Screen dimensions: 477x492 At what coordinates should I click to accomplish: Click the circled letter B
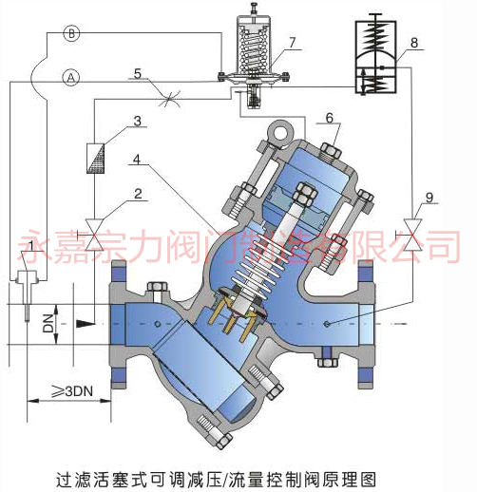71,33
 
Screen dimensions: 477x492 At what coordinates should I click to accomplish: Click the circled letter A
71,78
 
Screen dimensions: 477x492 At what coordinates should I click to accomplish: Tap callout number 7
292,43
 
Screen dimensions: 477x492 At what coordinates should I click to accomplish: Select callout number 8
414,43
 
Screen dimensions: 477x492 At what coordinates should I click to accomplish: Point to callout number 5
137,73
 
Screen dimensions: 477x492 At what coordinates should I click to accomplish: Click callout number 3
137,121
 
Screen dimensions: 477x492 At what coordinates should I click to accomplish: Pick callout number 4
137,160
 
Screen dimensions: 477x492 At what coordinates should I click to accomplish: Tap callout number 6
330,118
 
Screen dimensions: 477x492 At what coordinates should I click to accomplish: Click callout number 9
429,198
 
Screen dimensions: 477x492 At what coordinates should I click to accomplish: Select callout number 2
138,194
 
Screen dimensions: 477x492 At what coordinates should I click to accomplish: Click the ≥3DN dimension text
72,391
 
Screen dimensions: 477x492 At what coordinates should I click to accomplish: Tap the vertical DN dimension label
48,323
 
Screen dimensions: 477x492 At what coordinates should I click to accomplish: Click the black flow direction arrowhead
86,324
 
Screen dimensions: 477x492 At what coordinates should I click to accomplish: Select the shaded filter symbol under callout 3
95,159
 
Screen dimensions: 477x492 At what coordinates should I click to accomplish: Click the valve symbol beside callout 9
412,236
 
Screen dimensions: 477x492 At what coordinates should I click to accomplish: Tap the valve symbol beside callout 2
94,235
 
